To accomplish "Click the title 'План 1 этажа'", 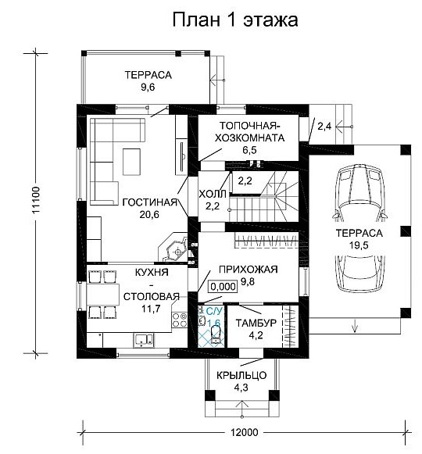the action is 235,20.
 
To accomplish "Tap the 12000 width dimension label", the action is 244,433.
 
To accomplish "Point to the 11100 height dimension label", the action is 36,200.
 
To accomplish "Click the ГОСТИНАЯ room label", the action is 149,202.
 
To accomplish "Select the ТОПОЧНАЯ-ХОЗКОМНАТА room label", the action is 249,132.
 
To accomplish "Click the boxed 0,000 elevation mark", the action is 223,287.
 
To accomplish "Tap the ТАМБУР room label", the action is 256,323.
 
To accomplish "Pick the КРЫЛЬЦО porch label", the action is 241,375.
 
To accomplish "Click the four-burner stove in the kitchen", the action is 180,320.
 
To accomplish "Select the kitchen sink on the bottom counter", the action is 143,340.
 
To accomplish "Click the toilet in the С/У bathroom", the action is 216,334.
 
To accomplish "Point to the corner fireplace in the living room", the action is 173,247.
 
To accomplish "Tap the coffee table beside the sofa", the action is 131,162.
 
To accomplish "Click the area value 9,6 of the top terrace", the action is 148,87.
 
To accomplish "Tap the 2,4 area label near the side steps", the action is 324,127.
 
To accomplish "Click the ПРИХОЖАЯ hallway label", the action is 249,270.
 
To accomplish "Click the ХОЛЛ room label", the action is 213,194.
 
